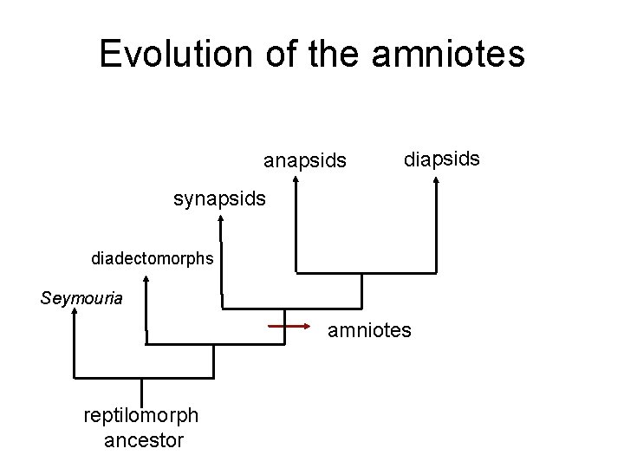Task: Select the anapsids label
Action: [305, 161]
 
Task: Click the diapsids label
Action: [442, 159]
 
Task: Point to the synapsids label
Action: [220, 199]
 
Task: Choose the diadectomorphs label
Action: [153, 258]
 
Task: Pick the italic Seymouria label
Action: [81, 299]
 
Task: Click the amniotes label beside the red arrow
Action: [369, 330]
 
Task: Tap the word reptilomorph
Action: [140, 416]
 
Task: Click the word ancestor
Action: [144, 440]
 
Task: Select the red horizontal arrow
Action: [289, 327]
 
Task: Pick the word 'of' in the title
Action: [264, 53]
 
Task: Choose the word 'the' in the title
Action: [328, 53]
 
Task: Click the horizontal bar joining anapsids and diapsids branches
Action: [367, 273]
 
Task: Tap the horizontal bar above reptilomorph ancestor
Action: [143, 377]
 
